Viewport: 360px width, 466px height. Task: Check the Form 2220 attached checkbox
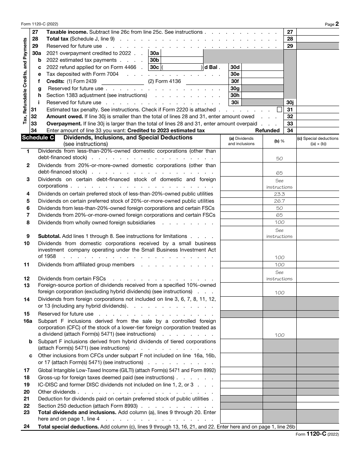(279, 109)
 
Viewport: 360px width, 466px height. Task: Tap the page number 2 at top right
(337, 23)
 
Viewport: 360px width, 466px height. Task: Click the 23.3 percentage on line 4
(279, 194)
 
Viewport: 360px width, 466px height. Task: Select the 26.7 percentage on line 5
(279, 201)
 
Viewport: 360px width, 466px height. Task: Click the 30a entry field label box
(155, 53)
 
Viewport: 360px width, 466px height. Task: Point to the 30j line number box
(290, 102)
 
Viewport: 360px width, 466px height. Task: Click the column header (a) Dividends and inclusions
(241, 141)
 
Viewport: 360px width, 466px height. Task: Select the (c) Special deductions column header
(318, 141)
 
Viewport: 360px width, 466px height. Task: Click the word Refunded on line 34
(267, 131)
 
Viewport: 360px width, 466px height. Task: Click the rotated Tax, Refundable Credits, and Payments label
(25, 81)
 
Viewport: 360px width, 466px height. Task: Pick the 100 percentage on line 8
(279, 222)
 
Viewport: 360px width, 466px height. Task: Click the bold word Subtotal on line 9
(49, 236)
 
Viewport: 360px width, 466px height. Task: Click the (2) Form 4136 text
(164, 81)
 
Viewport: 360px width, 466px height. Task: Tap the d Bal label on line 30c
(211, 67)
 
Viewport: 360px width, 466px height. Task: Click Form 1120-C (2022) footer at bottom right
(317, 434)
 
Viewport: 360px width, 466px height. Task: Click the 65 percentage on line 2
(279, 173)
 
